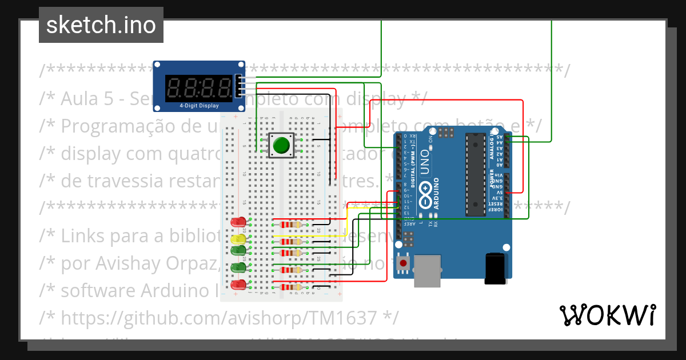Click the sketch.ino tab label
pyautogui.click(x=101, y=25)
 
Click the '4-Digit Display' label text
pyautogui.click(x=199, y=106)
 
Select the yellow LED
pyautogui.click(x=239, y=238)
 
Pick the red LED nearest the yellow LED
pyautogui.click(x=238, y=222)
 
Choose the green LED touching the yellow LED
pyautogui.click(x=238, y=250)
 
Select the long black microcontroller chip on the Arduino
pyautogui.click(x=474, y=175)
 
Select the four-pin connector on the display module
pyautogui.click(x=239, y=86)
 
